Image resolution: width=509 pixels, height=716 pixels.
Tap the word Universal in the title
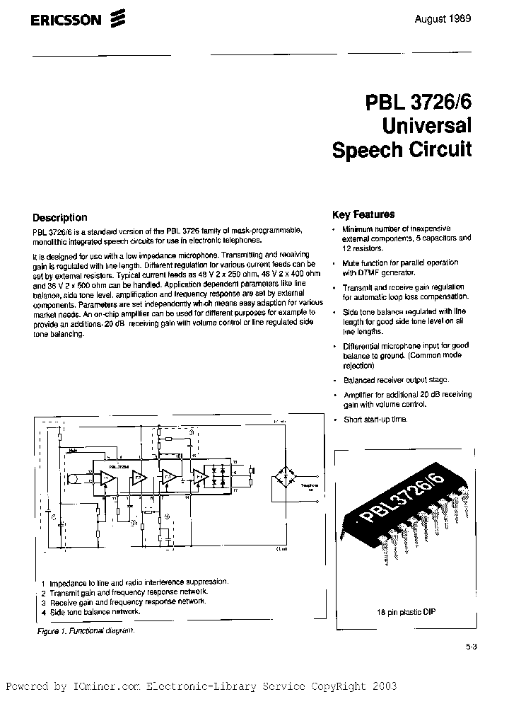pos(427,127)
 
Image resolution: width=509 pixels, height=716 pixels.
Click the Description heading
pos(60,217)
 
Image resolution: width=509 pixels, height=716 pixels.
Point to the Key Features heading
pos(363,214)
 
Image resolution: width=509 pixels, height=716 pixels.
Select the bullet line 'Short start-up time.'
pos(375,420)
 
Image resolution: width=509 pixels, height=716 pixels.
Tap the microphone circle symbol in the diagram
pos(72,479)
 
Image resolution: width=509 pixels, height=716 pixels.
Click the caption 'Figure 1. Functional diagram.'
pos(84,630)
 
